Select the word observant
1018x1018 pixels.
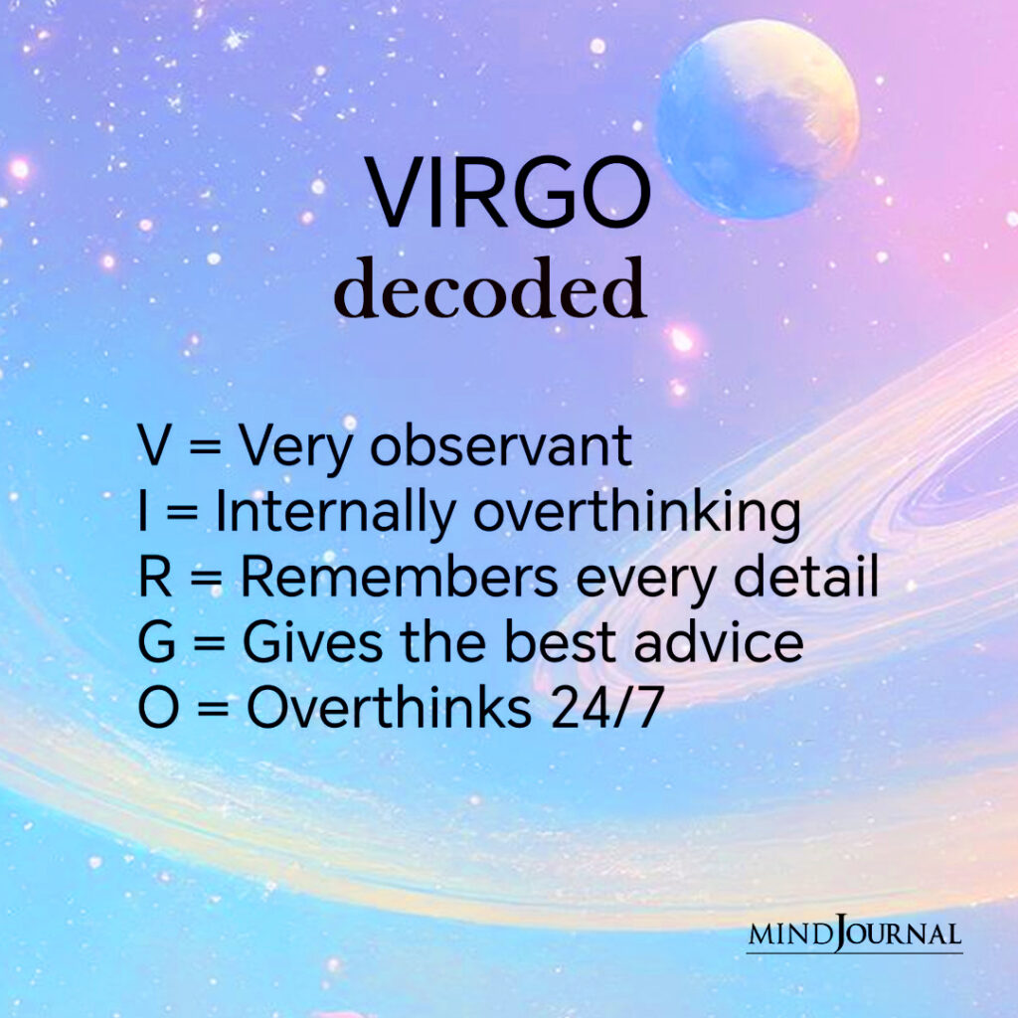(501, 447)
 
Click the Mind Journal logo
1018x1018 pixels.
(854, 934)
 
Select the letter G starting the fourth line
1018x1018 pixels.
(158, 643)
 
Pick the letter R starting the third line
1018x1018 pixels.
(156, 579)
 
